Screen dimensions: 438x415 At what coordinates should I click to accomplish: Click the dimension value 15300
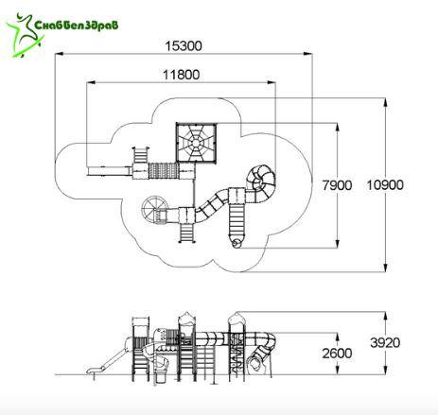[x=184, y=46]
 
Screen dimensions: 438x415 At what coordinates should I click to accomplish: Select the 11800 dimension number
[x=182, y=75]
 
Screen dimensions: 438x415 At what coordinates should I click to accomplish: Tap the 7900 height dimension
[x=337, y=185]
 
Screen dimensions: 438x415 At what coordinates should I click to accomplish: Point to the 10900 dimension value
[x=385, y=185]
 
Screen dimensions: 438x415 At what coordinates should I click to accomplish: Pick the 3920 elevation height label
[x=385, y=342]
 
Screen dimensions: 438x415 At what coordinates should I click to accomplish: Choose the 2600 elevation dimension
[x=337, y=354]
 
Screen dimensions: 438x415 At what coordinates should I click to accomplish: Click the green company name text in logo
[x=76, y=25]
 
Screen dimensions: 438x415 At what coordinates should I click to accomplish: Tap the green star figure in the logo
[x=24, y=35]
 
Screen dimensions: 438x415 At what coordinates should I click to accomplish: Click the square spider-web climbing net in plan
[x=196, y=143]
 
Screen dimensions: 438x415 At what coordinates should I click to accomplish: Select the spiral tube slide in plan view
[x=261, y=182]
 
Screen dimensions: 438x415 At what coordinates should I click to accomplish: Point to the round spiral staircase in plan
[x=153, y=209]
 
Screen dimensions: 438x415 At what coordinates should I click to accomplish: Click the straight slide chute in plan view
[x=110, y=171]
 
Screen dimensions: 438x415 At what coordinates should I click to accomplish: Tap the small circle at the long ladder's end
[x=236, y=243]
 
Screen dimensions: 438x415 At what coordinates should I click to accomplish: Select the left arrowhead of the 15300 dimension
[x=60, y=54]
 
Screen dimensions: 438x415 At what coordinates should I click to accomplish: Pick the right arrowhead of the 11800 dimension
[x=272, y=82]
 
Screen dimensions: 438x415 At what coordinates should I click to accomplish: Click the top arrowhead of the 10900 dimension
[x=385, y=103]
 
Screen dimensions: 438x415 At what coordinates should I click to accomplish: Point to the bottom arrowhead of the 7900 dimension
[x=338, y=244]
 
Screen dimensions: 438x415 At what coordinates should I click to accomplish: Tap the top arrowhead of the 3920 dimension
[x=385, y=316]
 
